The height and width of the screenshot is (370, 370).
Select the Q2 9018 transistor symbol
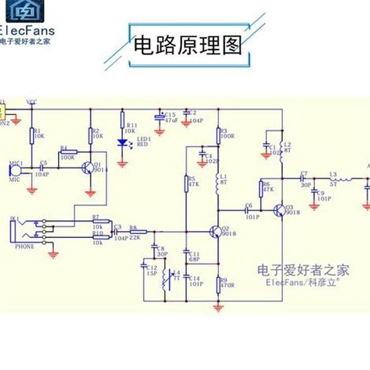click(x=216, y=231)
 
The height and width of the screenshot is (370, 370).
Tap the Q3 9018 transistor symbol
click(x=279, y=210)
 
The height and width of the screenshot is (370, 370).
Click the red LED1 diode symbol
click(x=123, y=143)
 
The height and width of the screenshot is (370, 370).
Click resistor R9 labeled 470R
click(x=218, y=285)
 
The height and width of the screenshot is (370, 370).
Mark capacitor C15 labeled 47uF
click(x=160, y=117)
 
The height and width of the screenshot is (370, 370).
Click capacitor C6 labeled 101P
click(x=248, y=210)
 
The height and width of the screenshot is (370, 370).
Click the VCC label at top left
click(x=32, y=101)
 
